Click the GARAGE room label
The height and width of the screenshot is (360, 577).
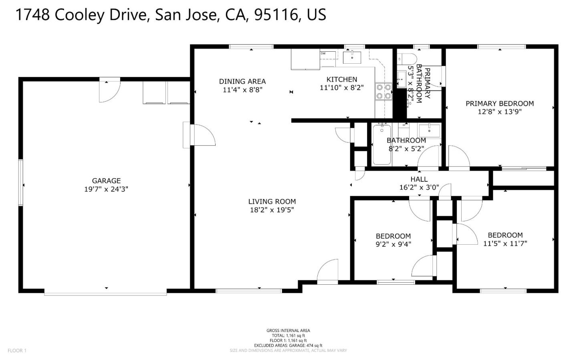click(106, 181)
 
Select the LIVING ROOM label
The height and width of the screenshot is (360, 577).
click(272, 201)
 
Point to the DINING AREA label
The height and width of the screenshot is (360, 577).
click(242, 81)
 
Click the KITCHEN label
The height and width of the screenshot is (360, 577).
click(341, 79)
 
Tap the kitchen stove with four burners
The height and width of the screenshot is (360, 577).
click(383, 91)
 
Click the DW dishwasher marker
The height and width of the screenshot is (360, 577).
click(323, 53)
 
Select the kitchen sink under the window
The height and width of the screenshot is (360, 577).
click(352, 57)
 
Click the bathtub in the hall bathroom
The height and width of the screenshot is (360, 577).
click(381, 145)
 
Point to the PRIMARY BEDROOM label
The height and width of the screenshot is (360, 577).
click(499, 103)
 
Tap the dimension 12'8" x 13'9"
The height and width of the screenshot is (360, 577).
click(499, 112)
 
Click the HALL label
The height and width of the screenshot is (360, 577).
click(419, 179)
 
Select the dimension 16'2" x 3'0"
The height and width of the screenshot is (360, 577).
click(419, 187)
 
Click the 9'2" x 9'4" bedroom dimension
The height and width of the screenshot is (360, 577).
click(393, 244)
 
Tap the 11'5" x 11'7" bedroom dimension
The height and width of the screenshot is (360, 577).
click(505, 243)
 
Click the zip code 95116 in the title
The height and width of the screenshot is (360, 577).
click(276, 15)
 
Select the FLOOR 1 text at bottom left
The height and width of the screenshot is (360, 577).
click(17, 351)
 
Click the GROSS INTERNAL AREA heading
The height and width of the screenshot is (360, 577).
click(288, 330)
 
